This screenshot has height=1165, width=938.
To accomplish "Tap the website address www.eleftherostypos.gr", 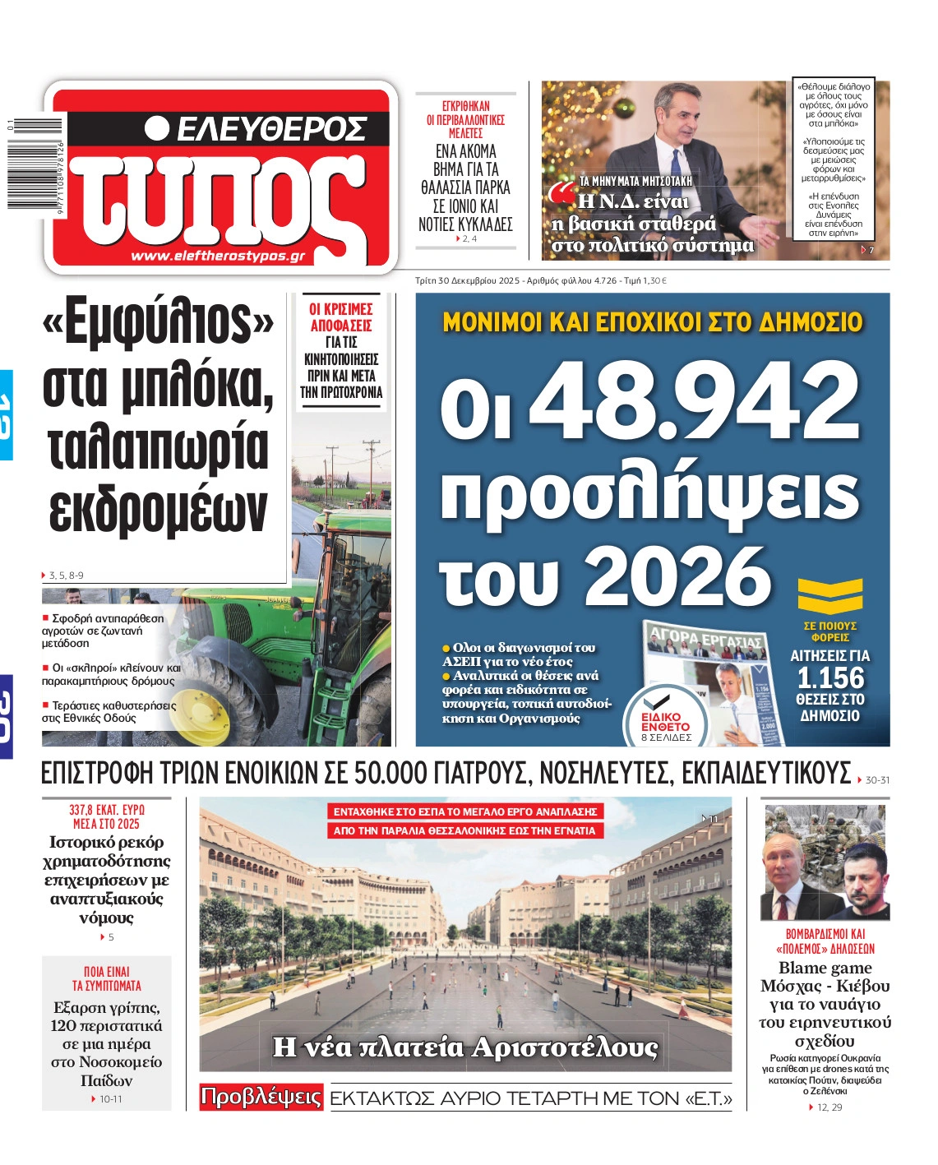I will (x=218, y=256).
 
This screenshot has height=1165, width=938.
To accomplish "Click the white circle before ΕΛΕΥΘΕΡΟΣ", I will (x=157, y=128).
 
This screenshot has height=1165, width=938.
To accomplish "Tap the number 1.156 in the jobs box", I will (x=830, y=678).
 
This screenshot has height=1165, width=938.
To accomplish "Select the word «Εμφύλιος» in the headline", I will (x=158, y=322).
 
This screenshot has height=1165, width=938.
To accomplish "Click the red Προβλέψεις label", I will (x=261, y=1097).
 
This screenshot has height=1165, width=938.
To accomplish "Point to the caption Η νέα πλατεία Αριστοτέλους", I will (x=465, y=1047).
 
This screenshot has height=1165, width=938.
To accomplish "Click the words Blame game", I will (x=825, y=968).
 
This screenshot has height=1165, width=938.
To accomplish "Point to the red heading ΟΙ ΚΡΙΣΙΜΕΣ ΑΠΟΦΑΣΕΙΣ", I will (x=341, y=317).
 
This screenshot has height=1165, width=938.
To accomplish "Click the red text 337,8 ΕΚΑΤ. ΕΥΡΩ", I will (x=107, y=810).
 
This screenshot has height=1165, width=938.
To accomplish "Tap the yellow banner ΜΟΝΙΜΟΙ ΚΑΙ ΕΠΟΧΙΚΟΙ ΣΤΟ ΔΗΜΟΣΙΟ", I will (x=653, y=321).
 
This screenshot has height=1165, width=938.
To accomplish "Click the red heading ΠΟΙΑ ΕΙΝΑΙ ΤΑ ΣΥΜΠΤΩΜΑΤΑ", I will (x=107, y=978).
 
